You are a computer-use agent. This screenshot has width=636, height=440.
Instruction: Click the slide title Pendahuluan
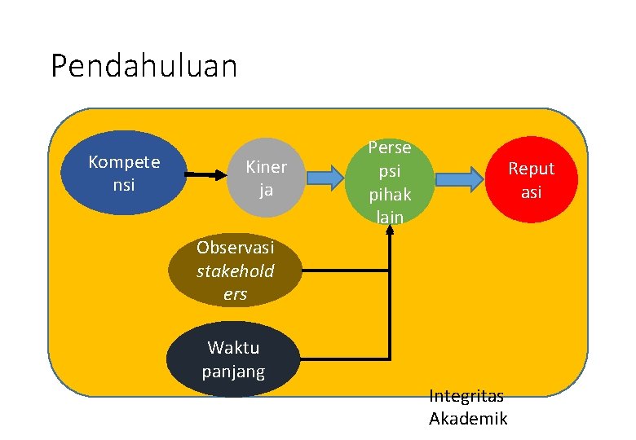(144, 66)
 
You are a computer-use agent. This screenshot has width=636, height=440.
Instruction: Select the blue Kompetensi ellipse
(124, 173)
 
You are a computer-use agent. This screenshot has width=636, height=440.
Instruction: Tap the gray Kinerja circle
(266, 178)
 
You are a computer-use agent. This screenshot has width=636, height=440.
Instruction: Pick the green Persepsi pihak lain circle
(390, 182)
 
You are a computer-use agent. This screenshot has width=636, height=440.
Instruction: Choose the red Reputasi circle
(531, 179)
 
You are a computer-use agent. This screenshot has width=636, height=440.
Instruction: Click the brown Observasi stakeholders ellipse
(235, 270)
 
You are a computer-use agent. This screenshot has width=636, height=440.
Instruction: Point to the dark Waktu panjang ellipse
(233, 360)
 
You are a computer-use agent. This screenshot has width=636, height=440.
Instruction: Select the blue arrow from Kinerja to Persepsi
(326, 177)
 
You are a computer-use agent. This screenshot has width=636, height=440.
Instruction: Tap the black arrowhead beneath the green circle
(391, 229)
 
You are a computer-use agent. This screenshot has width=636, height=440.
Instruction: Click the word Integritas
(466, 396)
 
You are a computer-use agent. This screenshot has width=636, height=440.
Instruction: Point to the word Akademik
(468, 419)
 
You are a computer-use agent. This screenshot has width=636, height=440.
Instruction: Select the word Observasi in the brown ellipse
(235, 247)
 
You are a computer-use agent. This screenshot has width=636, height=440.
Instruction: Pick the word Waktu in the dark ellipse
(233, 348)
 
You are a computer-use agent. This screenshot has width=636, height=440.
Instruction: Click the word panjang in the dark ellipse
(233, 372)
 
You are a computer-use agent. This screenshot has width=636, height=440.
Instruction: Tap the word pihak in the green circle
(390, 196)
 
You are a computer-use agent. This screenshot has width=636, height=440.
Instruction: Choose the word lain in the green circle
(390, 216)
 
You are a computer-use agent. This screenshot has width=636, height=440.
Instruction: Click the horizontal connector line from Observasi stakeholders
(342, 268)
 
